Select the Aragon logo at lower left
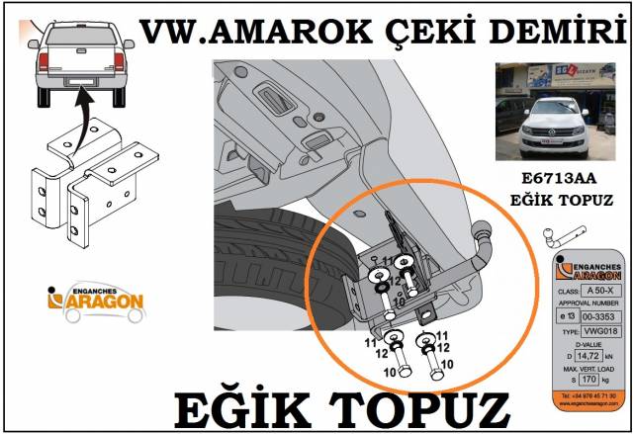point(96,300)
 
